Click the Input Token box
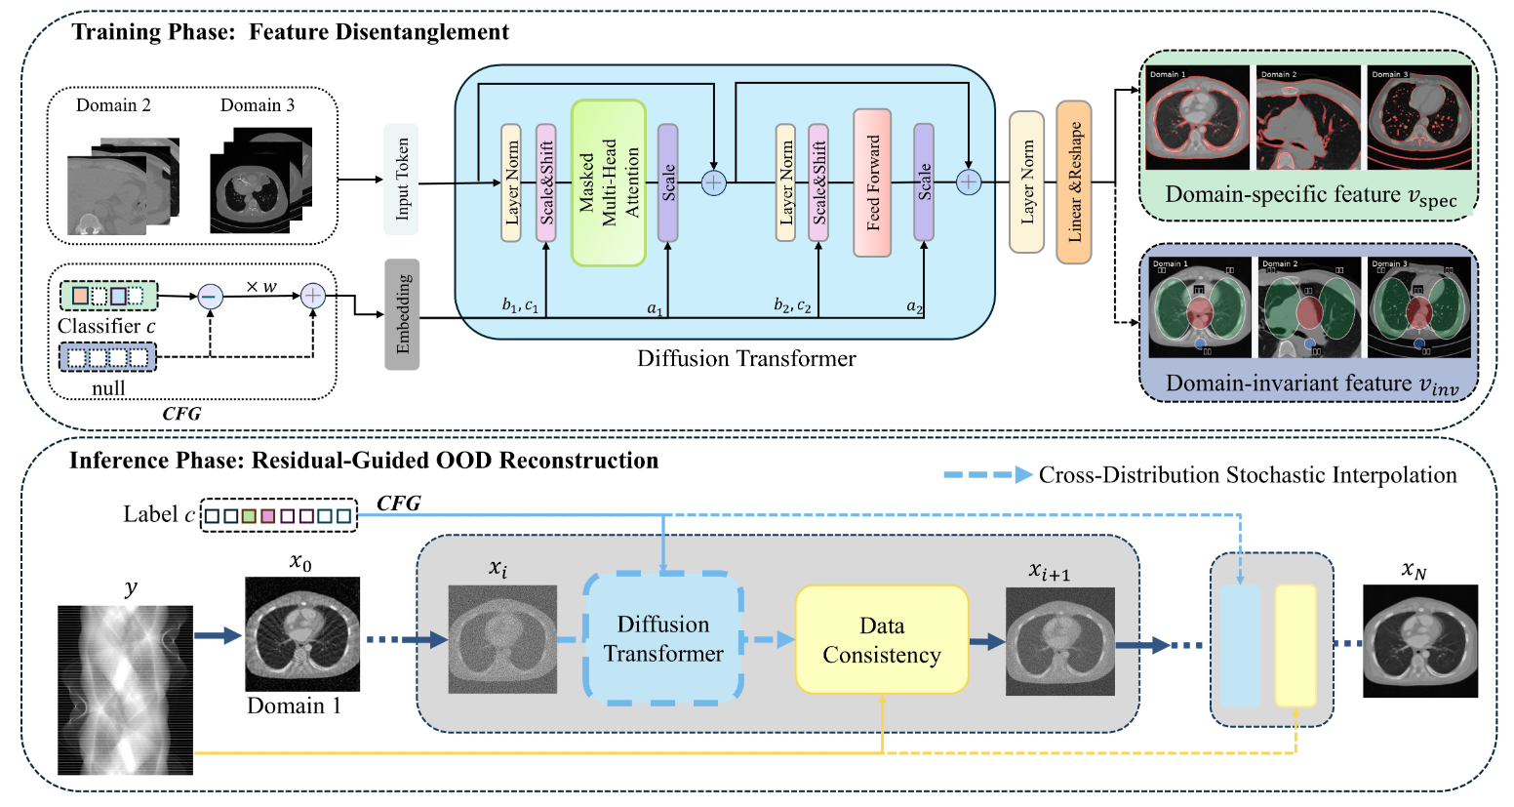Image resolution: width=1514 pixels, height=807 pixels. tap(401, 180)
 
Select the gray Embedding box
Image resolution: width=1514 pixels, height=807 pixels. tap(402, 314)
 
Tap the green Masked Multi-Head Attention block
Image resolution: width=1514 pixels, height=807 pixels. tap(609, 182)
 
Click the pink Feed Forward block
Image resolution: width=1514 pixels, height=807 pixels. tap(872, 182)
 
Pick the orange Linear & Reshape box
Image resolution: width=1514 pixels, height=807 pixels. tap(1073, 182)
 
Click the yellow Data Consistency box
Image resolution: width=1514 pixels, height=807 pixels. tap(882, 640)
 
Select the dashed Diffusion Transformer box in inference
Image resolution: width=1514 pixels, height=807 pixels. tap(663, 639)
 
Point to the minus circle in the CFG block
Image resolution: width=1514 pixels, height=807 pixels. tap(211, 296)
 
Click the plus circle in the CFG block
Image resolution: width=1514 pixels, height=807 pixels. tap(312, 296)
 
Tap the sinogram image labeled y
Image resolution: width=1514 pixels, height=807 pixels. tap(126, 689)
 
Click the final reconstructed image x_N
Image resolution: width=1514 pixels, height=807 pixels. tap(1419, 640)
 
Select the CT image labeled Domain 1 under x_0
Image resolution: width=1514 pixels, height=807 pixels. tap(301, 633)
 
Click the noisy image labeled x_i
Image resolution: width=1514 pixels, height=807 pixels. tap(502, 639)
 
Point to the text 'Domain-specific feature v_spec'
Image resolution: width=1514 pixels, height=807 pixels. tap(1310, 195)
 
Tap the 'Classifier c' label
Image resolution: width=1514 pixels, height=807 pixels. tap(106, 326)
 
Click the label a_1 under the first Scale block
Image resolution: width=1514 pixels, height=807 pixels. tap(656, 308)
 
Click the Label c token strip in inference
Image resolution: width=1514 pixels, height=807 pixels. tap(278, 514)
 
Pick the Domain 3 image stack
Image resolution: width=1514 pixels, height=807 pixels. tap(260, 182)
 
